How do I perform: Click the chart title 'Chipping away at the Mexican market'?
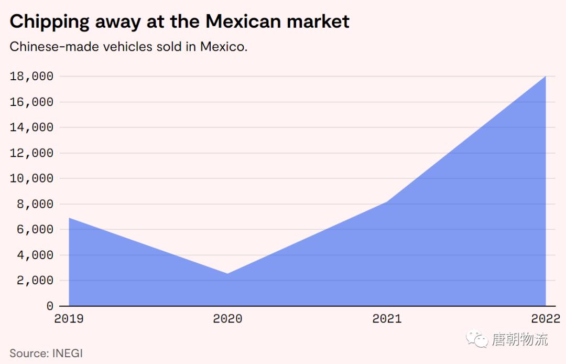(179, 22)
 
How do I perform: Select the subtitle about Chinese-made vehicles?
(128, 47)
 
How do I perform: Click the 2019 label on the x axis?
(69, 318)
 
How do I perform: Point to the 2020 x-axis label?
(227, 318)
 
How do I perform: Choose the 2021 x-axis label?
(387, 318)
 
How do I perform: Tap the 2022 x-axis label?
(546, 318)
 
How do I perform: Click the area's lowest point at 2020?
(227, 273)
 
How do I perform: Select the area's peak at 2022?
(546, 77)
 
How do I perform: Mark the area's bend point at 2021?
(387, 202)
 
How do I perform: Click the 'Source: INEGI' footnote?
(46, 353)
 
